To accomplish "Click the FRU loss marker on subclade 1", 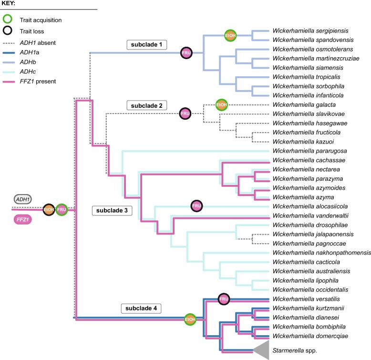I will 186,52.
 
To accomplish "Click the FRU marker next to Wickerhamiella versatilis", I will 224,299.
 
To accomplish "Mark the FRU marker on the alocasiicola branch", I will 196,206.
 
